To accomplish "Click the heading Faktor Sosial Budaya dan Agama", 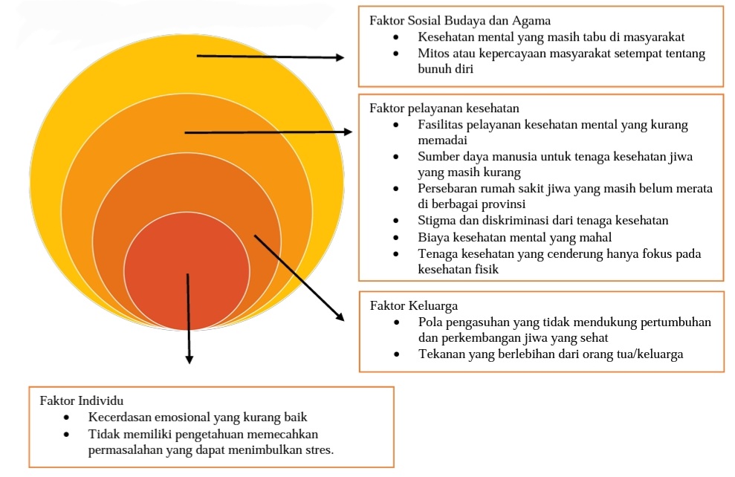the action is pos(460,21).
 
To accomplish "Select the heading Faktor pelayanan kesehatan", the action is pos(444,108).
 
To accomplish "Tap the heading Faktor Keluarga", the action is pos(414,306).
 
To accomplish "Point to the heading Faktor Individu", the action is pos(82,400).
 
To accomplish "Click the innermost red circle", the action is pos(187,271).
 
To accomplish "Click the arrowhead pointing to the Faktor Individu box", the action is pos(189,360).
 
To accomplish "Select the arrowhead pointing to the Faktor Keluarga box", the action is pos(340,317).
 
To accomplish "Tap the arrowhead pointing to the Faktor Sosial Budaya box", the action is pos(340,57).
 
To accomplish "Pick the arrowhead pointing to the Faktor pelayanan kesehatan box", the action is pos(347,132).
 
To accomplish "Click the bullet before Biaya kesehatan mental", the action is pos(396,238).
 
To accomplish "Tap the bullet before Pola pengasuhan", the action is pos(397,322).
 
